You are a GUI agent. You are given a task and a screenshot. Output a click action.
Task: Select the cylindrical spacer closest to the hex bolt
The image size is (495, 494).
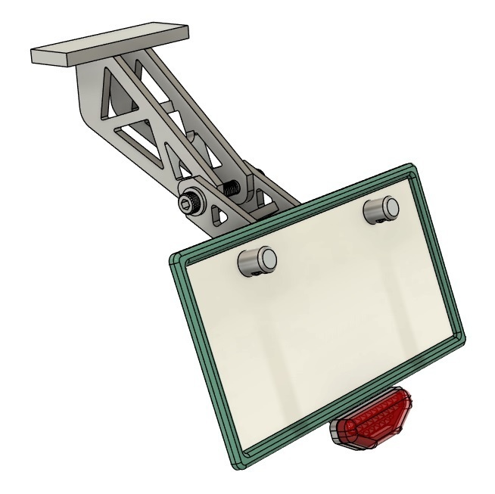[257, 261]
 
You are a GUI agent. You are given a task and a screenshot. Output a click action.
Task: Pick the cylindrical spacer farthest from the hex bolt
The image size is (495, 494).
[381, 208]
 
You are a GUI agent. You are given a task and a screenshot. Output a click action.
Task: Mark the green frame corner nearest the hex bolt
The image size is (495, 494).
[174, 259]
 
